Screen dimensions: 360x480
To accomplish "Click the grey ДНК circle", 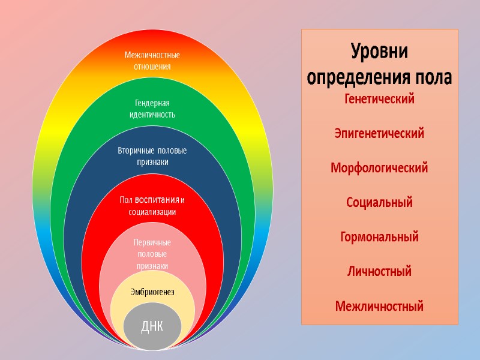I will [152, 327].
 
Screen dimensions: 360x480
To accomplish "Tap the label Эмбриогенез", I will [152, 292].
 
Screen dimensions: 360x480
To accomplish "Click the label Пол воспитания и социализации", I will [152, 205].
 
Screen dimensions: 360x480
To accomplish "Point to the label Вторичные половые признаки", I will [152, 156].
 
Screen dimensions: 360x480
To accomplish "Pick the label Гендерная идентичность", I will [152, 108].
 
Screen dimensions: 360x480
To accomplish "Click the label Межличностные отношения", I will [152, 61].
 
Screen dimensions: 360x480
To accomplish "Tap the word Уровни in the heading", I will [379, 52].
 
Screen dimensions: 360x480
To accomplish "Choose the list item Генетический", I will [379, 99].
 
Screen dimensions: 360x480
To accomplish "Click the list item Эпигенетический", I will [379, 133].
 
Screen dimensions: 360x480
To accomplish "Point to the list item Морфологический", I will [379, 168].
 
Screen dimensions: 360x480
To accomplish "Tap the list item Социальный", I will [379, 203].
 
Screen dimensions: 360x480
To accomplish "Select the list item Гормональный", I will [379, 237].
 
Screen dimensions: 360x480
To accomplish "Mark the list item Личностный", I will [379, 272].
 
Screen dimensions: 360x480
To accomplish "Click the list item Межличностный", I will [379, 307].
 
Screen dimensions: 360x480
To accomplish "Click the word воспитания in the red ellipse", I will [157, 199].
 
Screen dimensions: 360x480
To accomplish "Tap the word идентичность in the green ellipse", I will [152, 114].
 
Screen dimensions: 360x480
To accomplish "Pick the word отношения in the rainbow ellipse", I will [152, 67].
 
